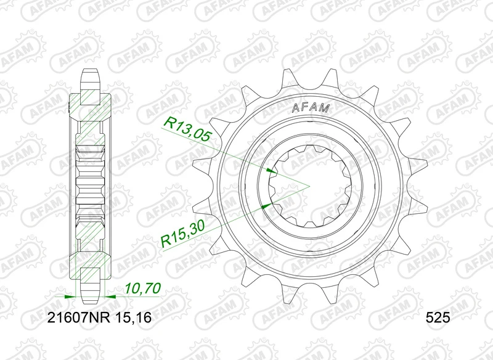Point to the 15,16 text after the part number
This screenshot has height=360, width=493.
136,319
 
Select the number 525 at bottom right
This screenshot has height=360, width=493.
438,319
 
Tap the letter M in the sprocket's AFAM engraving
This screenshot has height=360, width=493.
326,108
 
